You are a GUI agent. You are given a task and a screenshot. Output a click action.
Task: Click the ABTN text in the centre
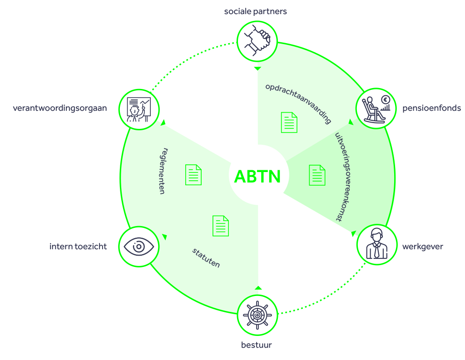coord(257,176)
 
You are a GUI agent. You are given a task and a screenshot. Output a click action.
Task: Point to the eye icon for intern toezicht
coord(139,247)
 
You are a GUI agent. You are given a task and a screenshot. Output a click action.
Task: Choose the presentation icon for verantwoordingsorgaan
coord(139,109)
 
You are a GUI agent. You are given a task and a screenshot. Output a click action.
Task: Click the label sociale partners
coord(255,11)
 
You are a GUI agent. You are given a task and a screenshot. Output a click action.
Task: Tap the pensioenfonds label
coord(431,108)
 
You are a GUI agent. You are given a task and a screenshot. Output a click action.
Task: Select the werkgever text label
coord(422,247)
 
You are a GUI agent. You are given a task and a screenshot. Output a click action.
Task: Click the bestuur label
coord(257,345)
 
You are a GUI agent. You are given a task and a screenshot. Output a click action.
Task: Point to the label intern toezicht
coord(78,247)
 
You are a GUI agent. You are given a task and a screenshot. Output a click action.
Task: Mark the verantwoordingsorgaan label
coord(59,108)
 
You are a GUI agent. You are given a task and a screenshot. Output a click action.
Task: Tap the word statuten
coord(206,257)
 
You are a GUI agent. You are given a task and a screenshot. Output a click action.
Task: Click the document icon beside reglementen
coord(193,175)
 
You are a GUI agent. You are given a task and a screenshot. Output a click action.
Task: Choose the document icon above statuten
coord(221,226)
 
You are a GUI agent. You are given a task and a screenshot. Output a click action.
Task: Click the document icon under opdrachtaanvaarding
coord(289,123)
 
